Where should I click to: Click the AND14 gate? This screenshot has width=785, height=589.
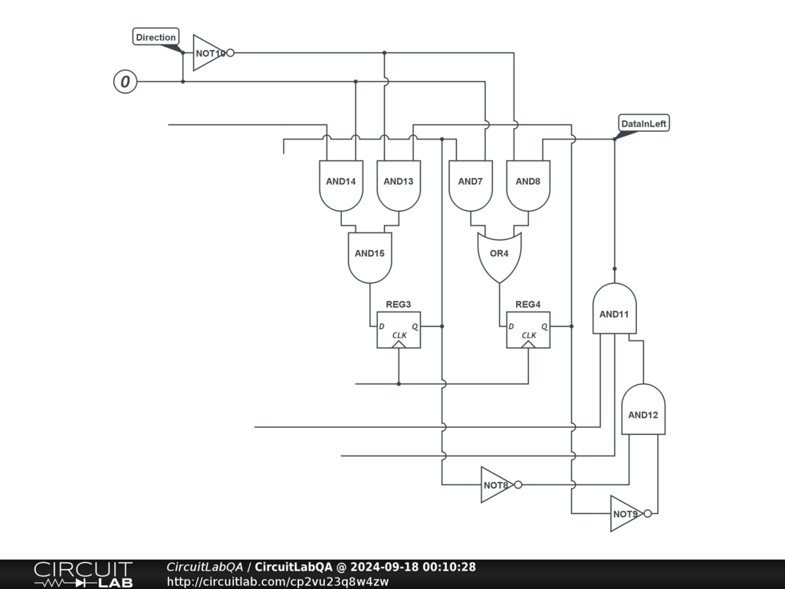coord(341,185)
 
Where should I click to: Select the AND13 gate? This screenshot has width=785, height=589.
coord(399,185)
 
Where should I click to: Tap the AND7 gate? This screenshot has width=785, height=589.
coord(470,185)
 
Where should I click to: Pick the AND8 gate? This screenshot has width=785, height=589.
coord(528,185)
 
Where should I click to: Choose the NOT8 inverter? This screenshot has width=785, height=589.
coord(496,485)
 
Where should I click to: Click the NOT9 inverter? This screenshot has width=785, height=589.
coord(626,514)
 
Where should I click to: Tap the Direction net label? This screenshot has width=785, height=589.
coord(156,37)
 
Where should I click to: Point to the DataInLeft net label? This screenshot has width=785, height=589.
coord(644,123)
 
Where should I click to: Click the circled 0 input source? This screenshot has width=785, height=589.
coord(125,81)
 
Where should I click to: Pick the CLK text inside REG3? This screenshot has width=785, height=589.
coord(399,335)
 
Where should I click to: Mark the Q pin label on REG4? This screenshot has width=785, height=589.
coord(545,326)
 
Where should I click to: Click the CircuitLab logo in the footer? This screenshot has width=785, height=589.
coord(83,574)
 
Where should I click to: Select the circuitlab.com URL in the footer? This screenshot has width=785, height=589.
coord(278,581)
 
